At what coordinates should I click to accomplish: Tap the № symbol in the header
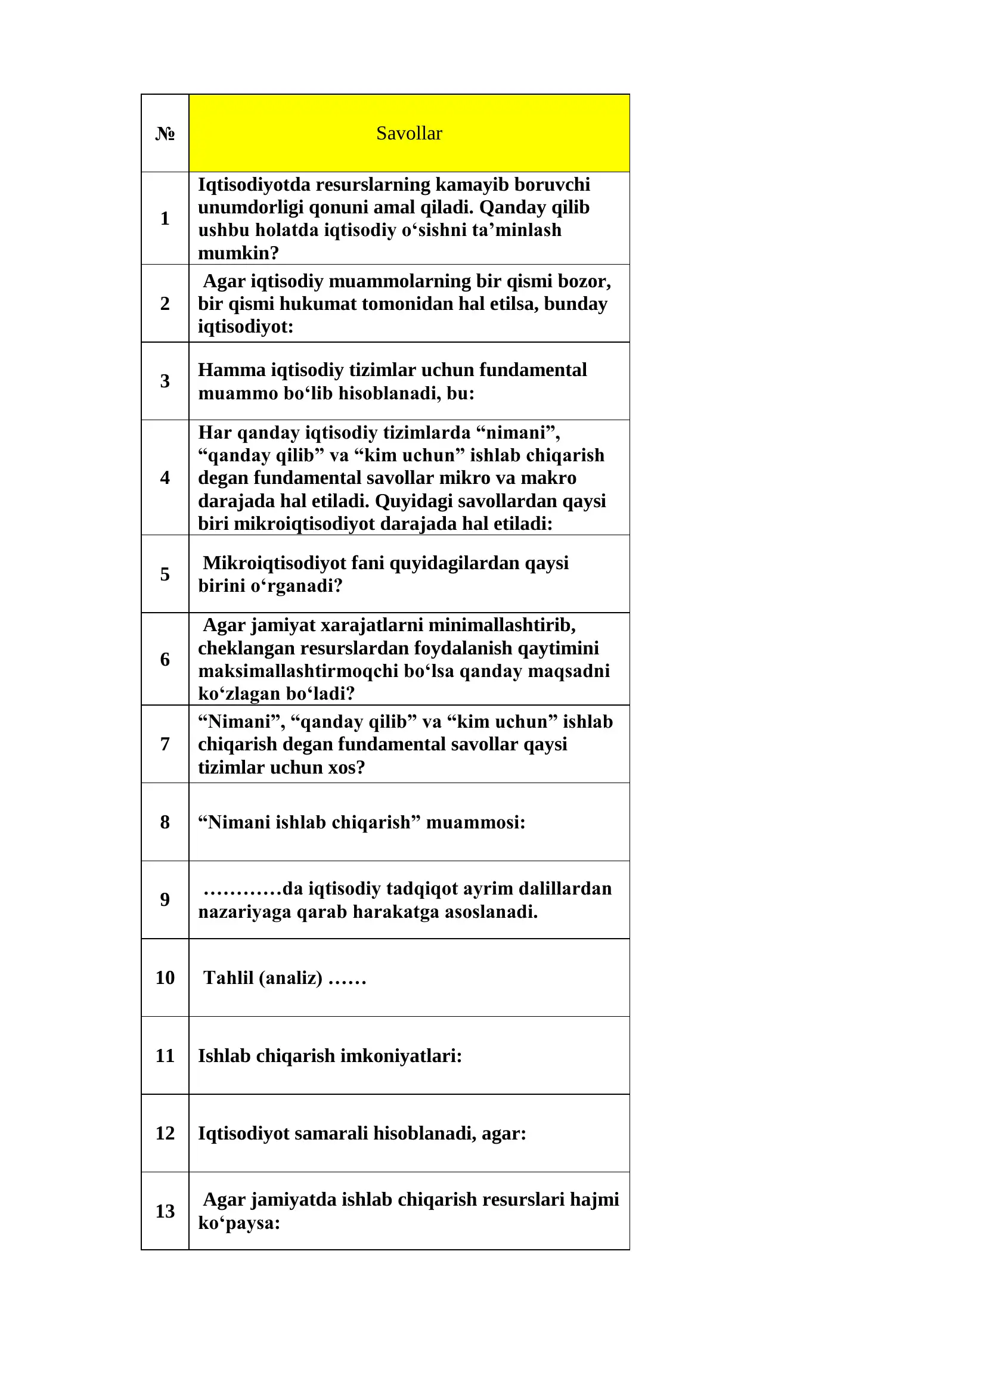click(165, 133)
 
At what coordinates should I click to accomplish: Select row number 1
click(165, 218)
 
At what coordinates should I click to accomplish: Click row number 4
click(165, 477)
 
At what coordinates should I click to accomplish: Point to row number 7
click(165, 744)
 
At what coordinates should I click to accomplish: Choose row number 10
click(165, 977)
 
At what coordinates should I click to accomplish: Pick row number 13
click(165, 1211)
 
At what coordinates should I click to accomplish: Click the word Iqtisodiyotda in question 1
click(254, 185)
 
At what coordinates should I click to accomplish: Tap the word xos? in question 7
click(347, 768)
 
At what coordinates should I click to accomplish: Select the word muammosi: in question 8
click(475, 822)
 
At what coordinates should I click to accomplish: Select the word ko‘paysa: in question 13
click(238, 1223)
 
